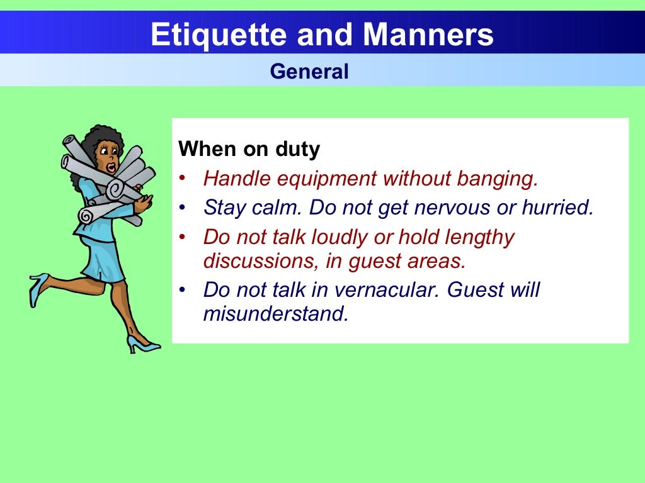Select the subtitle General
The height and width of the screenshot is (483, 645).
(x=309, y=72)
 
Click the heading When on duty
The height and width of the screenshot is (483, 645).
(x=249, y=150)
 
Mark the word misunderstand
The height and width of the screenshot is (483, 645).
(x=275, y=313)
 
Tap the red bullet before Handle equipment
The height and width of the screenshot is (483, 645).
(x=182, y=179)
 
